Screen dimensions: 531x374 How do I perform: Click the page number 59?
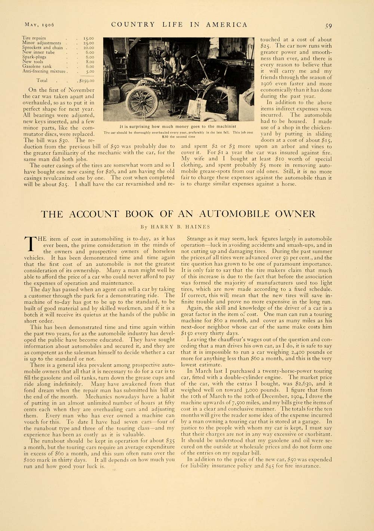pos(328,26)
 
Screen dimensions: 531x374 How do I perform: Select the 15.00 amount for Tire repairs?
pos(89,38)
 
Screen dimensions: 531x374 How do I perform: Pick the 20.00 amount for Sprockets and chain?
pos(89,48)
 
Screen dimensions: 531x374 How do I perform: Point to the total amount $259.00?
pos(86,80)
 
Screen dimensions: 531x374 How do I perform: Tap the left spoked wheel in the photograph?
pos(142,101)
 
